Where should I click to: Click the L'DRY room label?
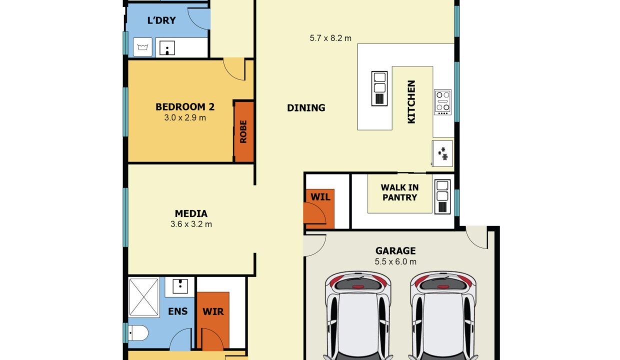pyautogui.click(x=161, y=20)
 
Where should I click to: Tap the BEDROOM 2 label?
pyautogui.click(x=185, y=107)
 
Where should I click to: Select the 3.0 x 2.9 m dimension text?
pyautogui.click(x=185, y=117)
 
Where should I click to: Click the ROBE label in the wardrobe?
pyautogui.click(x=243, y=131)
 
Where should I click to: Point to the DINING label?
pyautogui.click(x=306, y=108)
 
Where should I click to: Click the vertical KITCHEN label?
pyautogui.click(x=411, y=102)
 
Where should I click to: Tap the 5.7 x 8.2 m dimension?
pyautogui.click(x=330, y=38)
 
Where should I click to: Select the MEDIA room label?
pyautogui.click(x=191, y=213)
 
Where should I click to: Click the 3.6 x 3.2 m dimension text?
pyautogui.click(x=191, y=224)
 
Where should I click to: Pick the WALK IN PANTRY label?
pyautogui.click(x=399, y=192)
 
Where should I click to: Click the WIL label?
pyautogui.click(x=320, y=197)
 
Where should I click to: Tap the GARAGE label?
pyautogui.click(x=395, y=250)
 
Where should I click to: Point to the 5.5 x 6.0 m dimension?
pyautogui.click(x=395, y=261)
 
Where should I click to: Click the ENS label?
pyautogui.click(x=177, y=311)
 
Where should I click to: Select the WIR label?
pyautogui.click(x=213, y=311)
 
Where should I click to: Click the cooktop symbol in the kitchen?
pyautogui.click(x=442, y=102)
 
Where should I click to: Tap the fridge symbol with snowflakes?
pyautogui.click(x=442, y=153)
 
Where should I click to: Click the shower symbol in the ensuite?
pyautogui.click(x=143, y=297)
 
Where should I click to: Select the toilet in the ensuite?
pyautogui.click(x=138, y=333)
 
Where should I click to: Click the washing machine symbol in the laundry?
pyautogui.click(x=142, y=47)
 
